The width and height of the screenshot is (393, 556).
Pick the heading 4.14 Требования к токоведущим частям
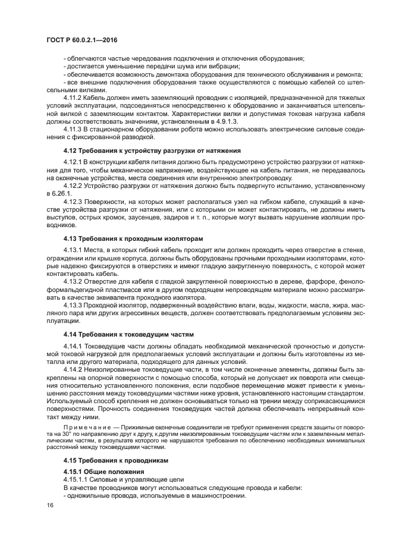128,334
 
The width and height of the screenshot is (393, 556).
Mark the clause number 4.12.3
74,202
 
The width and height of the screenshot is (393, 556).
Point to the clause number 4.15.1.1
77,479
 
